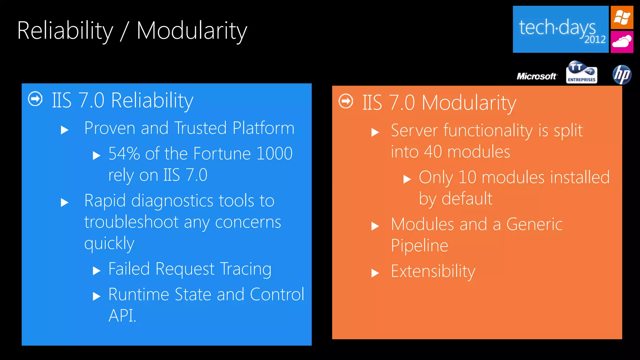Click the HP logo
point(622,75)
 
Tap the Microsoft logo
point(537,76)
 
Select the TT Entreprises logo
point(582,72)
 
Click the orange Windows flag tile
point(622,17)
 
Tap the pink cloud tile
point(622,42)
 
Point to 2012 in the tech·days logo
point(595,40)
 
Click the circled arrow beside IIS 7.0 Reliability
point(35,99)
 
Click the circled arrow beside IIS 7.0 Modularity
point(346,101)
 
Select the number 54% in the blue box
point(124,153)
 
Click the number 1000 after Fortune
point(274,153)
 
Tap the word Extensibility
point(433,271)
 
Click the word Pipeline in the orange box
point(419,246)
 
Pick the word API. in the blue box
point(122,316)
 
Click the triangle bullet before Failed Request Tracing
point(97,271)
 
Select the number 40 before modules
point(433,152)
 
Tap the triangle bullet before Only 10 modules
point(407,179)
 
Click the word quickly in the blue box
point(109,244)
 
